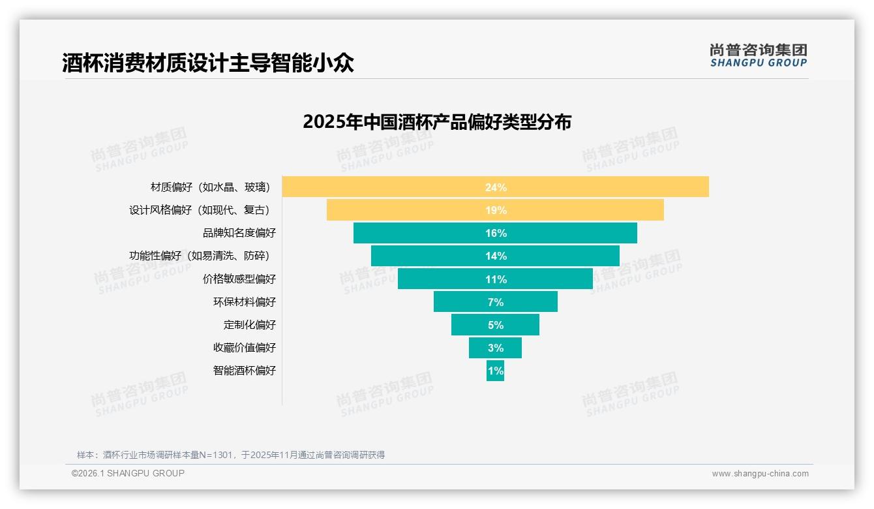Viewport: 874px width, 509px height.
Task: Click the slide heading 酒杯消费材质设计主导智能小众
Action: point(208,63)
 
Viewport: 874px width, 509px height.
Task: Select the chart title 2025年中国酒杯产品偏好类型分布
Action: point(437,122)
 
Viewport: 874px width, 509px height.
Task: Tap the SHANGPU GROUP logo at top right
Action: point(758,55)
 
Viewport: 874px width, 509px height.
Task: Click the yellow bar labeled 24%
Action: point(495,187)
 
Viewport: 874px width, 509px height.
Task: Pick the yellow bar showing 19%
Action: point(495,210)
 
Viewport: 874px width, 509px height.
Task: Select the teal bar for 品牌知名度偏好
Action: point(495,233)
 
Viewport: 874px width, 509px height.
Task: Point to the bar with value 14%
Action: point(495,256)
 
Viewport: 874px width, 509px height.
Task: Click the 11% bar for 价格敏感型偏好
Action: point(495,279)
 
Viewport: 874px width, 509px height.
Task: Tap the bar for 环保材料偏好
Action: point(495,301)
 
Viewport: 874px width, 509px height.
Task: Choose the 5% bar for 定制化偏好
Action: point(495,324)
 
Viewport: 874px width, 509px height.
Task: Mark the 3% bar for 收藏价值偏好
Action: point(495,347)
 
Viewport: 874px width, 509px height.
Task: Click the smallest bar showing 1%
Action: point(495,371)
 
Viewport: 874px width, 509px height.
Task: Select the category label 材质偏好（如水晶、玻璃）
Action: point(210,187)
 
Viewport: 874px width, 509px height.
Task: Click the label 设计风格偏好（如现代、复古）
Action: point(200,210)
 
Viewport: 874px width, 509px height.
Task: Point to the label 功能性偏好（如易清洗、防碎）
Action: point(200,256)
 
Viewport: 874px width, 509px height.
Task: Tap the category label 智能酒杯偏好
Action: point(245,370)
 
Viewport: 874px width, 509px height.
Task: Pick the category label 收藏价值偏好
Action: point(245,347)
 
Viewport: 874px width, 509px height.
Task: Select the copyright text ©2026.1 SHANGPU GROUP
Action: point(128,473)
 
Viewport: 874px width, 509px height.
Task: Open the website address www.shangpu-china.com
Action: point(760,474)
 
